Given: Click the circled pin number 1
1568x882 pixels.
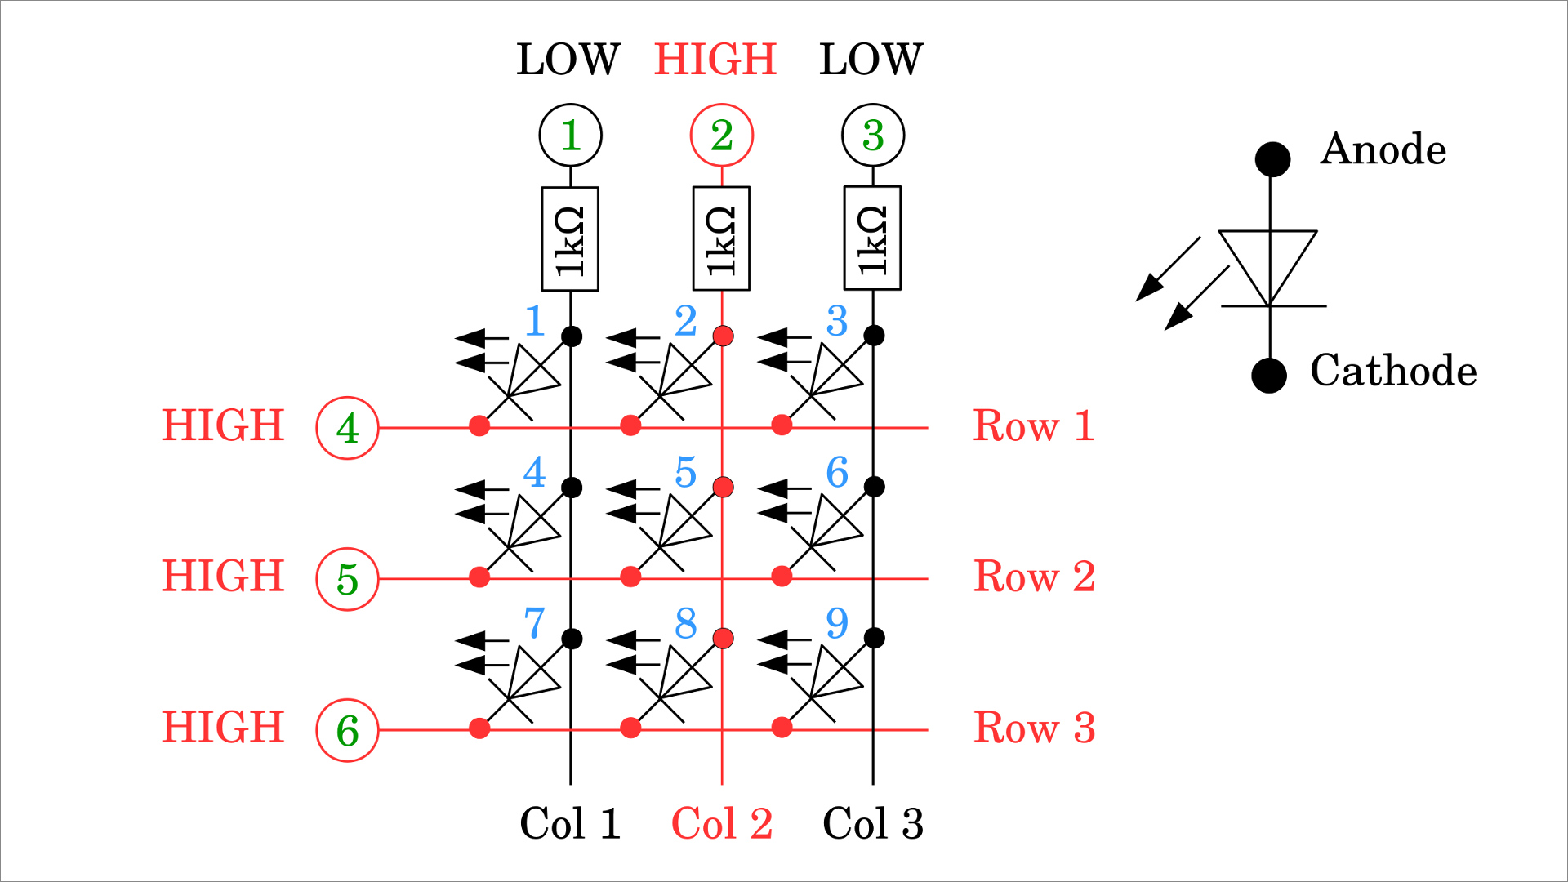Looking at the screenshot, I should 571,135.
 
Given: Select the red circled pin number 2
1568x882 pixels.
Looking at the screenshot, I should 722,135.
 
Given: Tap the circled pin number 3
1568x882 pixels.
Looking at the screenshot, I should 873,135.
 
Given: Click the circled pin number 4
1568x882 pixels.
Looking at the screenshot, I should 347,428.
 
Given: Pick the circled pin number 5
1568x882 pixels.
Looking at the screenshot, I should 347,579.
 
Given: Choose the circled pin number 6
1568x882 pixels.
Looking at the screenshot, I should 347,730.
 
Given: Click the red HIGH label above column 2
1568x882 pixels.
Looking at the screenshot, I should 715,59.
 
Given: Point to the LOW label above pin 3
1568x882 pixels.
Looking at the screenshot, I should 871,59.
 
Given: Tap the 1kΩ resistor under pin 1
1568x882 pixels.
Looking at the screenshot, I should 570,238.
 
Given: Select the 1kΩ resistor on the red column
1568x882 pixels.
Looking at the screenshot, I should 721,238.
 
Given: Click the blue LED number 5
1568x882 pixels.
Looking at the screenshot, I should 686,472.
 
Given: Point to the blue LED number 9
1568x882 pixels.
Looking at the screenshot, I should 837,623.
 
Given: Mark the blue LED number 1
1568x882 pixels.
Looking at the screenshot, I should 535,321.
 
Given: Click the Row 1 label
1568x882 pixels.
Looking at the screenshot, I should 1034,426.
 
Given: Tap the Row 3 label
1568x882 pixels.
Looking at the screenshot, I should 1034,728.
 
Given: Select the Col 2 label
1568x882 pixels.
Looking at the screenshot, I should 722,823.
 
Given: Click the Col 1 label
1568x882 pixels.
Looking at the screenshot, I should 570,823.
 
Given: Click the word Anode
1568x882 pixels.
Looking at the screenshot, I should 1383,149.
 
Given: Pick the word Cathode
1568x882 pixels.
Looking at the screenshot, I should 1393,371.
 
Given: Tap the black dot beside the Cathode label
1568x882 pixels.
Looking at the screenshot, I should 1269,376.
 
